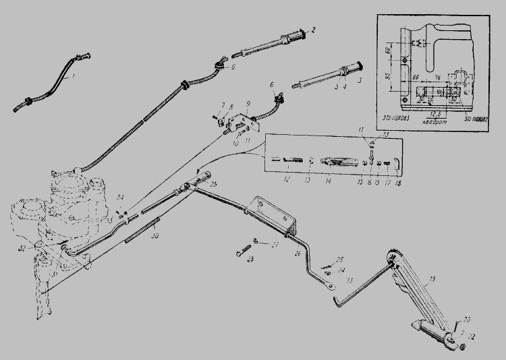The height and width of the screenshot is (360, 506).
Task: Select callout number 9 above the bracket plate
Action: click(249, 103)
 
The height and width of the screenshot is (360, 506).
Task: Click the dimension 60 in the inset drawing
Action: click(399, 49)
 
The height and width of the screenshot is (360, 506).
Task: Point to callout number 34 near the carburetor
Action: click(120, 196)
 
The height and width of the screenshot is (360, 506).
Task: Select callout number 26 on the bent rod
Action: click(297, 254)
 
